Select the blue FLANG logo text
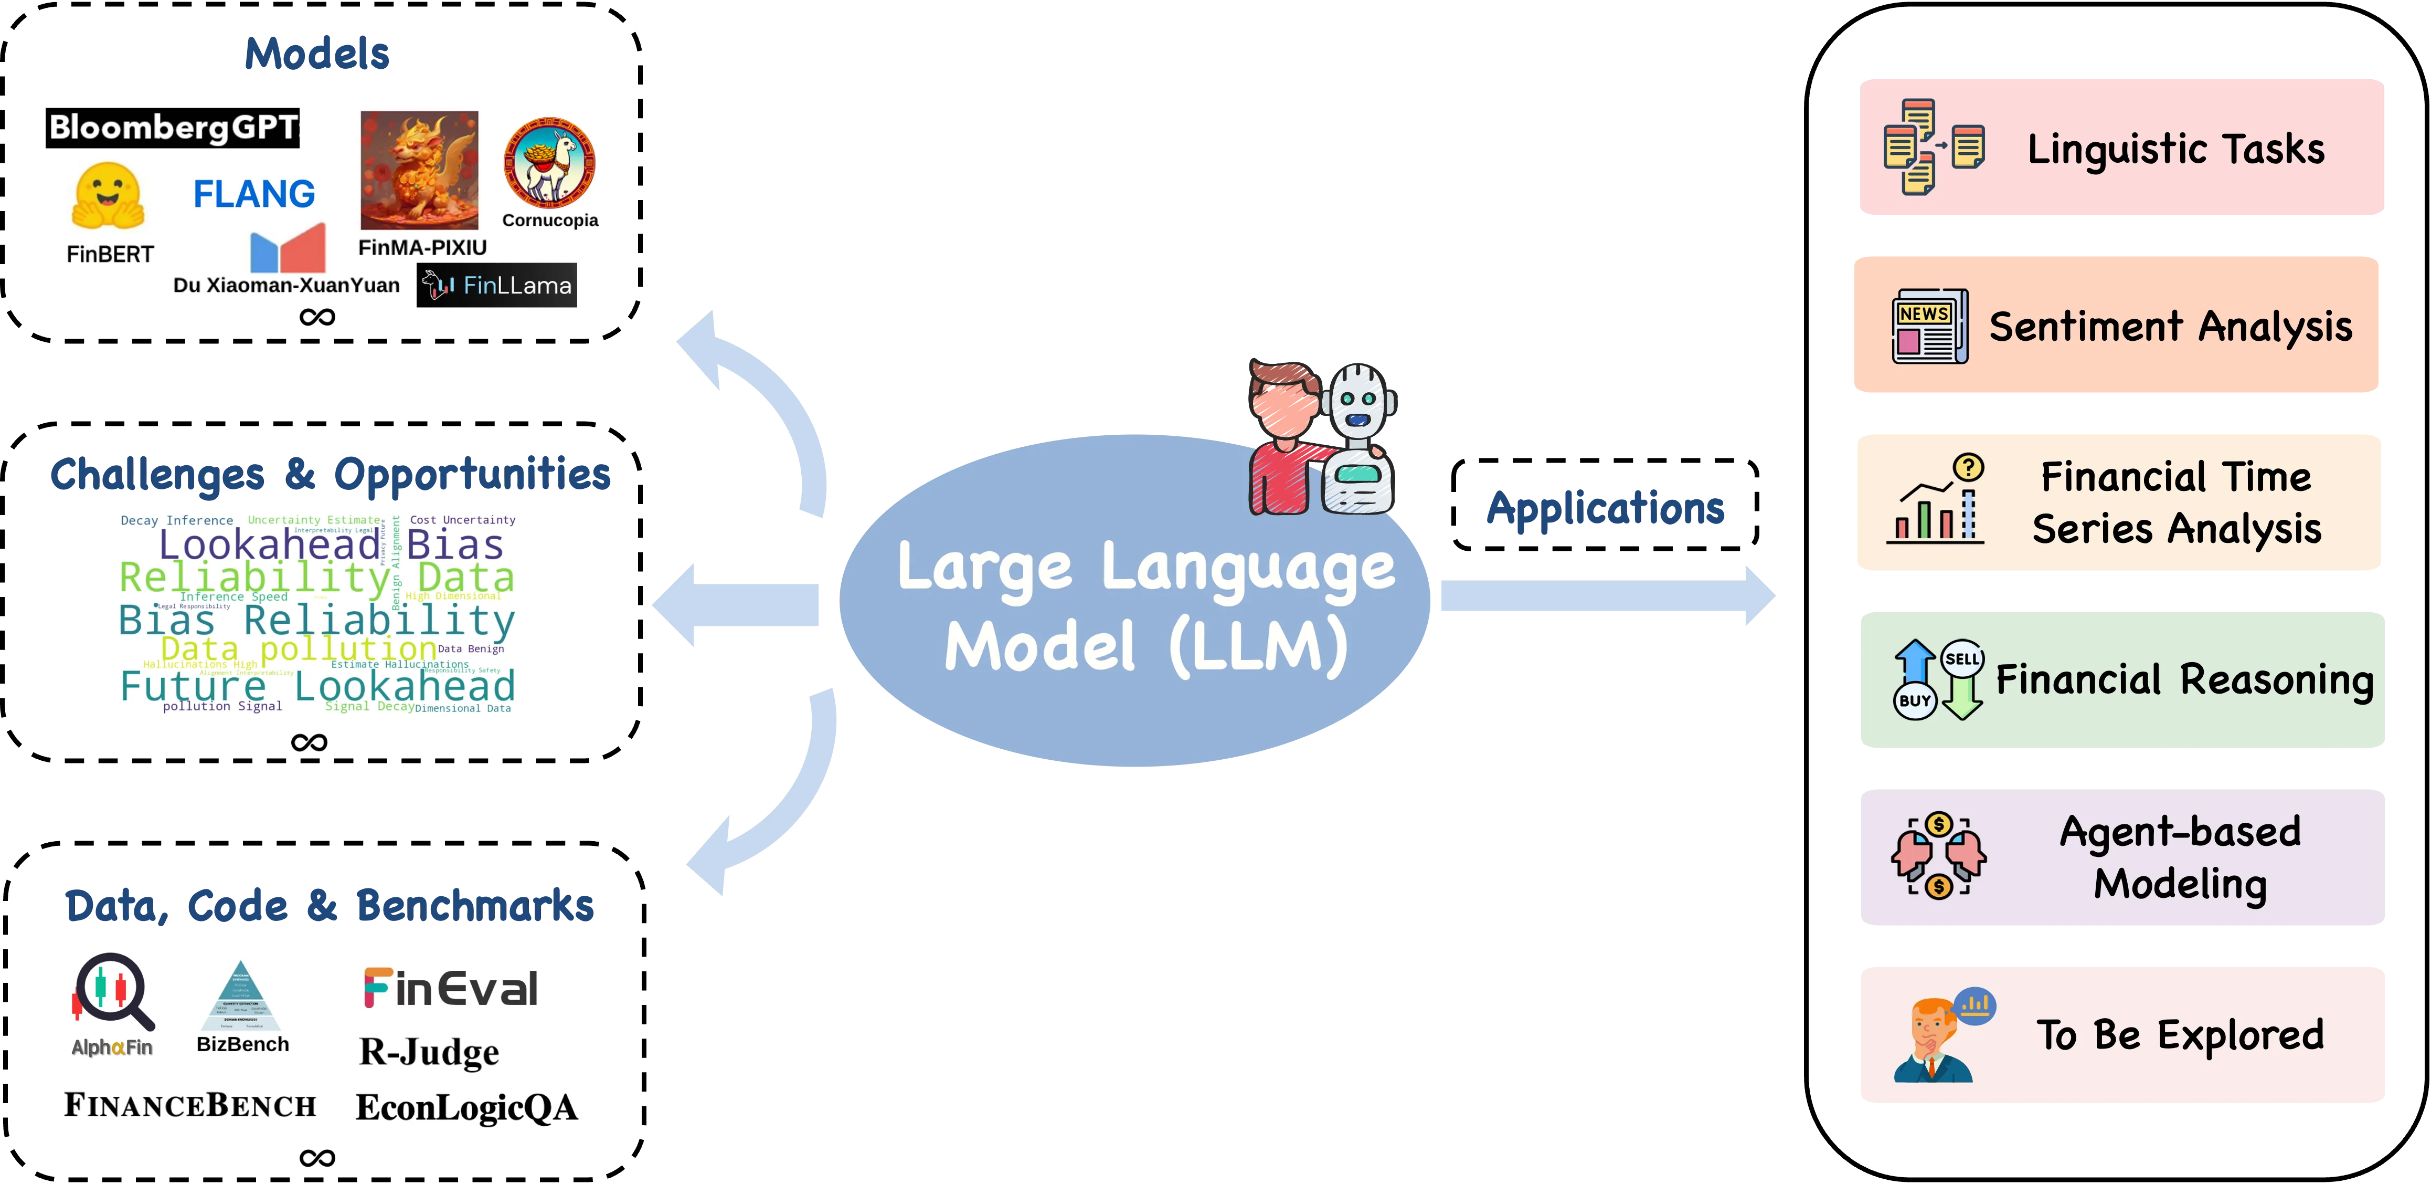(x=254, y=194)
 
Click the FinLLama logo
(x=497, y=285)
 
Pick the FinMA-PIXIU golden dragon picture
(x=419, y=170)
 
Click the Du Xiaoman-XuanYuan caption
(x=286, y=285)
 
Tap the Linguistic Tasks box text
(x=2175, y=149)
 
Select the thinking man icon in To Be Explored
(x=1935, y=1039)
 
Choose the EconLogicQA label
(x=465, y=1107)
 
